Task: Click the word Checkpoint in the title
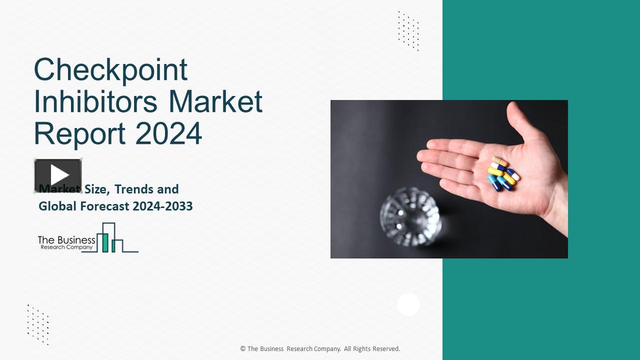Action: click(110, 70)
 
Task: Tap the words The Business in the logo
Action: click(66, 240)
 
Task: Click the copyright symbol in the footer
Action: click(243, 349)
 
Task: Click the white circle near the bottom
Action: click(408, 304)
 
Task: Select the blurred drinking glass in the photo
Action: click(410, 216)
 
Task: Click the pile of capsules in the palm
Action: click(503, 173)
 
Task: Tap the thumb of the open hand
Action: click(519, 120)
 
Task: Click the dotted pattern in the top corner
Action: click(408, 30)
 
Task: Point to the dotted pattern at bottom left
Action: click(38, 324)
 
